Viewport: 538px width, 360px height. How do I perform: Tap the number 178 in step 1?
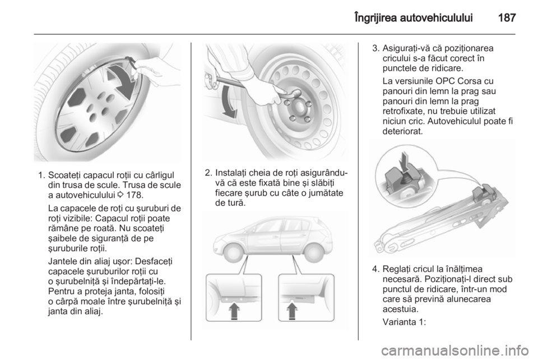pos(134,195)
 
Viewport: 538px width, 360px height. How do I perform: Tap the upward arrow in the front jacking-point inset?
pos(234,310)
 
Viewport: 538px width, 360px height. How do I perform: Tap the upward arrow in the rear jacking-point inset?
pos(292,310)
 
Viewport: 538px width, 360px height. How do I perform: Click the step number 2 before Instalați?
pos(207,173)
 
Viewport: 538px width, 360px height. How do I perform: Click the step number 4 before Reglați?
pos(375,269)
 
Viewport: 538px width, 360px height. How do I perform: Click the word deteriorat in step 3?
pos(403,131)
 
